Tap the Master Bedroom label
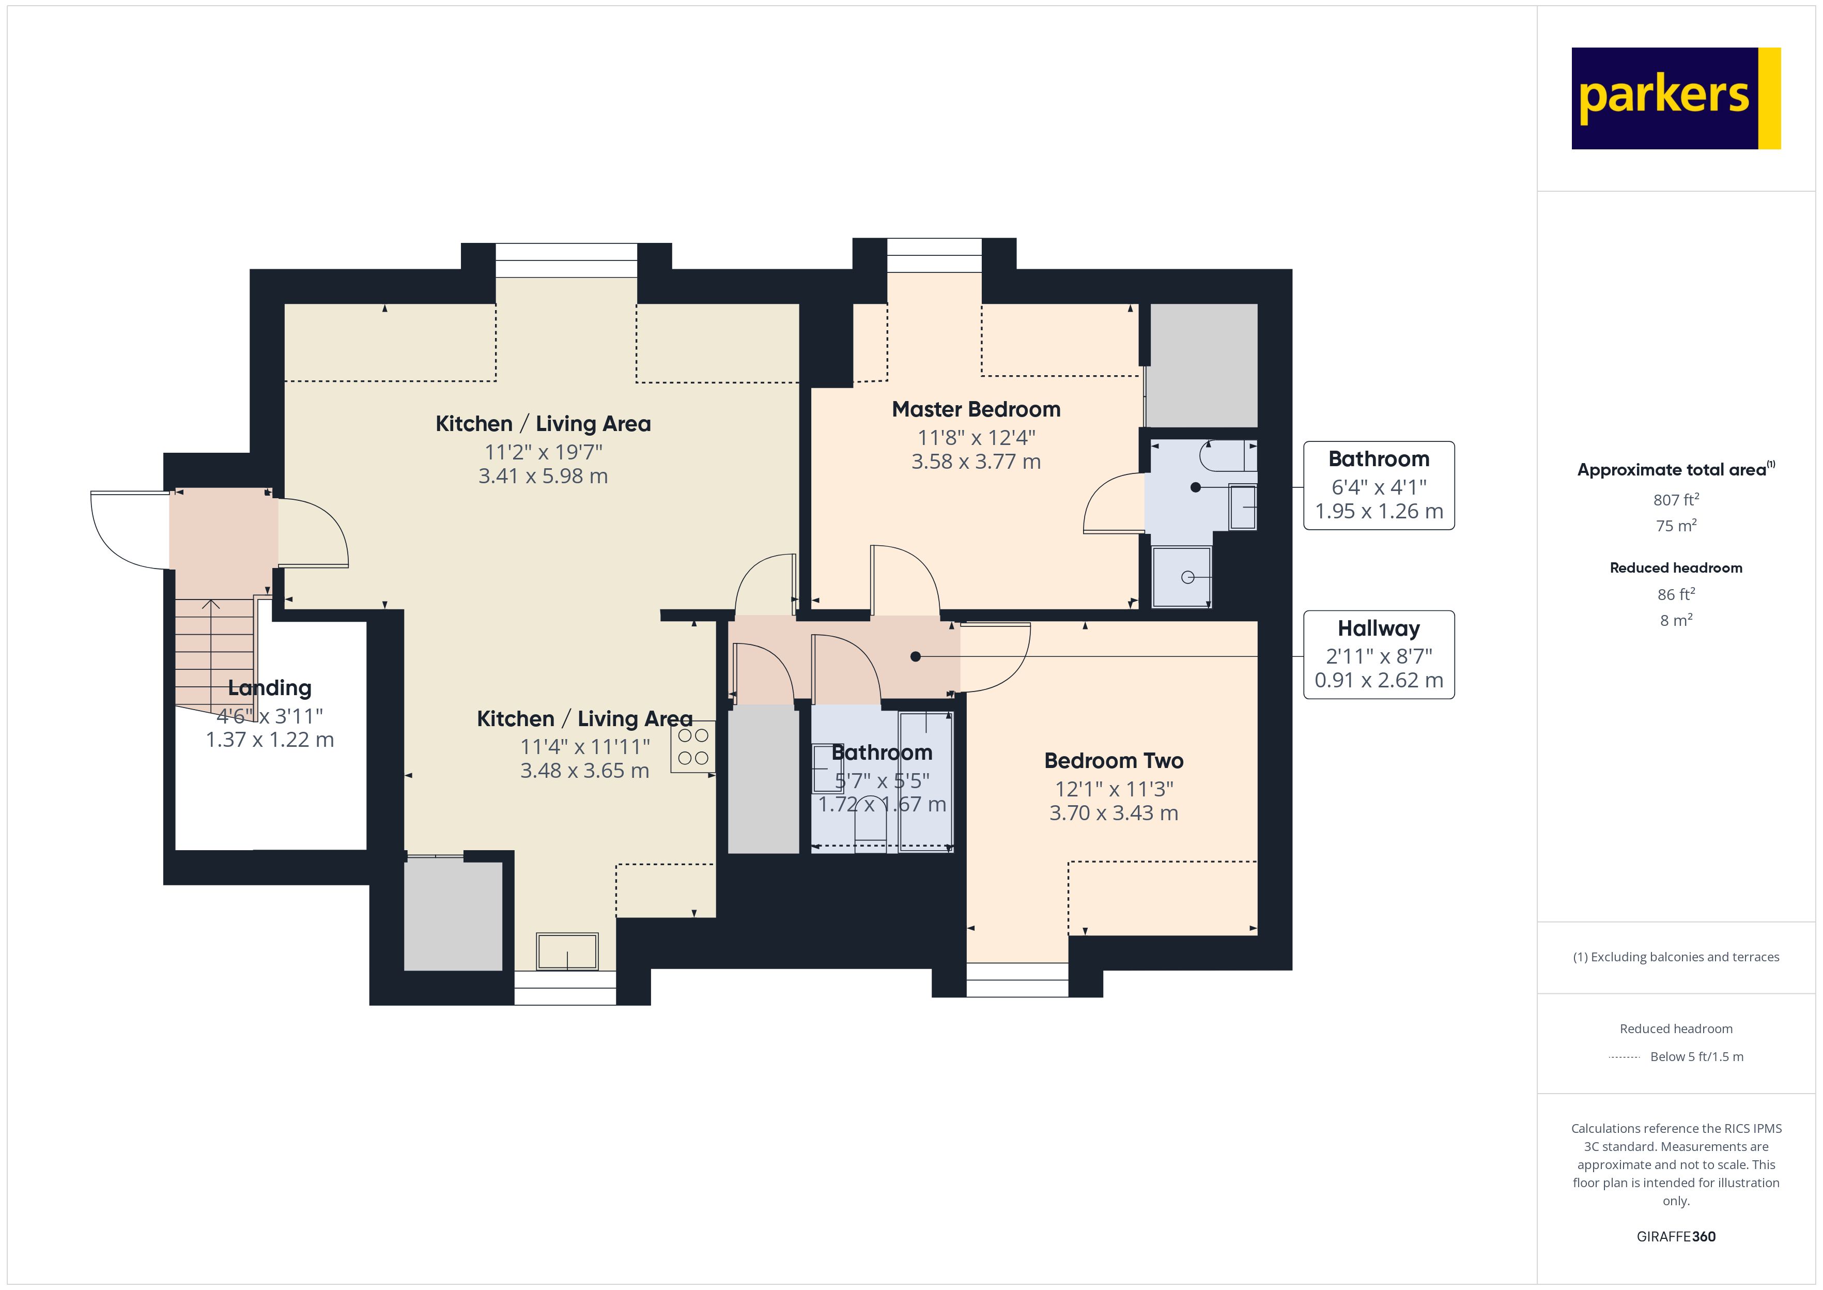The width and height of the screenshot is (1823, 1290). click(x=976, y=409)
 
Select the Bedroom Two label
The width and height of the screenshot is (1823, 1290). click(x=1113, y=760)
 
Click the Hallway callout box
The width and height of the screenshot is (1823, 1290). click(x=1379, y=654)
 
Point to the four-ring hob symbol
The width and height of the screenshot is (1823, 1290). click(x=693, y=747)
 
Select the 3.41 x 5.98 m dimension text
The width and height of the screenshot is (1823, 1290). click(x=543, y=476)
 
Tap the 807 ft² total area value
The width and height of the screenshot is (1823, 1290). click(x=1675, y=500)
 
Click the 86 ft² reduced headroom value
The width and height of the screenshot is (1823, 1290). click(x=1675, y=594)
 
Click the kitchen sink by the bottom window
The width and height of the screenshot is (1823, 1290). click(x=567, y=951)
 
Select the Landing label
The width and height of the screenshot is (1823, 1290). click(x=269, y=688)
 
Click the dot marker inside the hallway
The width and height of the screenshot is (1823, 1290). click(x=916, y=656)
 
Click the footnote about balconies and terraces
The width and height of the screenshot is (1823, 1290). click(x=1675, y=957)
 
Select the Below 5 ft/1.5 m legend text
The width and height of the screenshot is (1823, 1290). click(x=1697, y=1056)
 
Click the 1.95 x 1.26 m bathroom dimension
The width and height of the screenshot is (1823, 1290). click(x=1379, y=512)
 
